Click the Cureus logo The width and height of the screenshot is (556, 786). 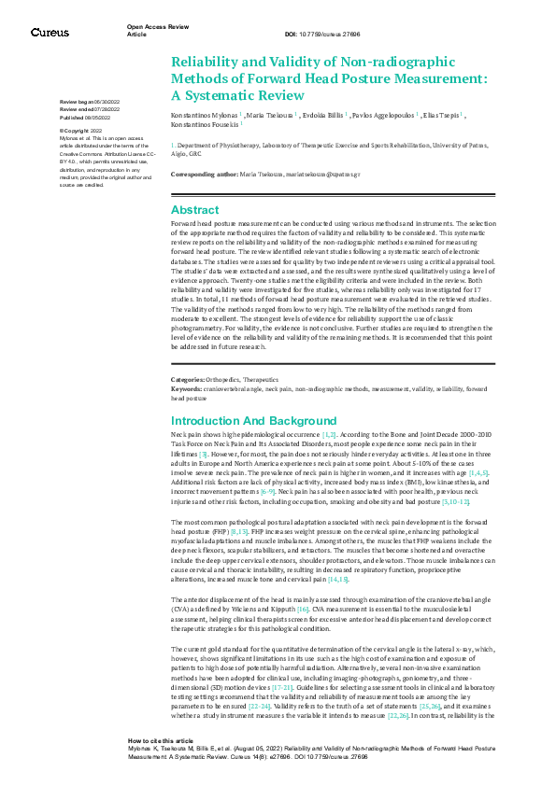coord(50,33)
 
